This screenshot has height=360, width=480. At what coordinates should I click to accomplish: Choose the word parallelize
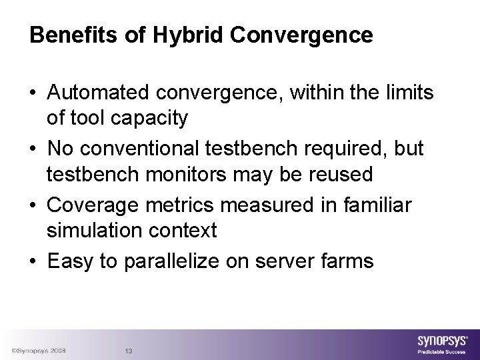[x=171, y=261]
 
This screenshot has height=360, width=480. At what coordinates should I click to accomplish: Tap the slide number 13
[x=129, y=351]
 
